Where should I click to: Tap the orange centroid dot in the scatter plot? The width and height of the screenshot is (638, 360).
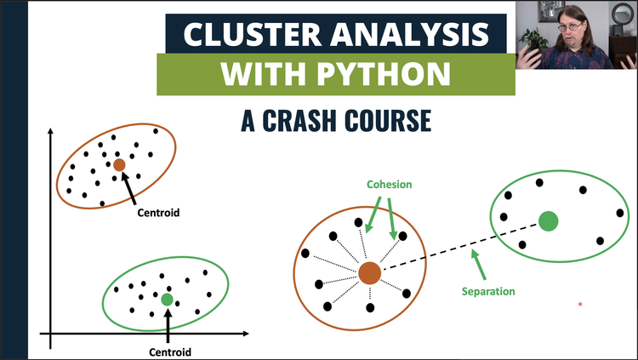pos(119,165)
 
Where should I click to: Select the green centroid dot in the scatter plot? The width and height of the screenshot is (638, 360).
pos(167,299)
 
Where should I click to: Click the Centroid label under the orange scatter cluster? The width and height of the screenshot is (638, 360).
pos(159,212)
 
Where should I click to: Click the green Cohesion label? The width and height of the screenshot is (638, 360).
pos(388,183)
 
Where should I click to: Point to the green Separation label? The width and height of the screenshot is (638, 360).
pos(488,291)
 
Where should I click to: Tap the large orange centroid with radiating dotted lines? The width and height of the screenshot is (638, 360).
pos(369,273)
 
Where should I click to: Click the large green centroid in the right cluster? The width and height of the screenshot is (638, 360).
pos(550,222)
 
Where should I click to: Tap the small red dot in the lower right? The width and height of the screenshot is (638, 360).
pos(581,304)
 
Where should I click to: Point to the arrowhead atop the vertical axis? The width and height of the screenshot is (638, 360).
pos(51,131)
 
